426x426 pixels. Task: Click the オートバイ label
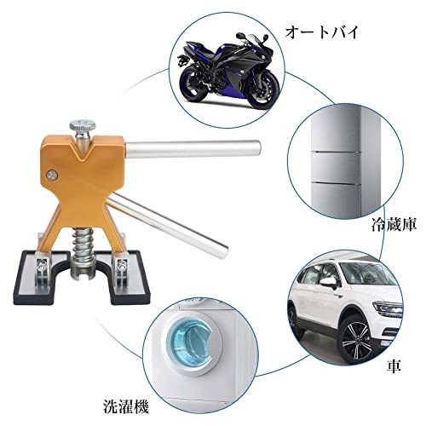tap(321, 32)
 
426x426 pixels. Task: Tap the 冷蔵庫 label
tap(394, 225)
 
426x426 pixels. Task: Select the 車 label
tap(394, 366)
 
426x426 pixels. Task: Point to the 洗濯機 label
tap(126, 406)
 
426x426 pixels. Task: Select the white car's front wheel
tap(357, 339)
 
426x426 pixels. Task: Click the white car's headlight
tap(388, 308)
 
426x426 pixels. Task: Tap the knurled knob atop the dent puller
tap(83, 125)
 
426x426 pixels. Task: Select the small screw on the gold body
tap(52, 174)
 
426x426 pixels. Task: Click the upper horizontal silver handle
tap(193, 149)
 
